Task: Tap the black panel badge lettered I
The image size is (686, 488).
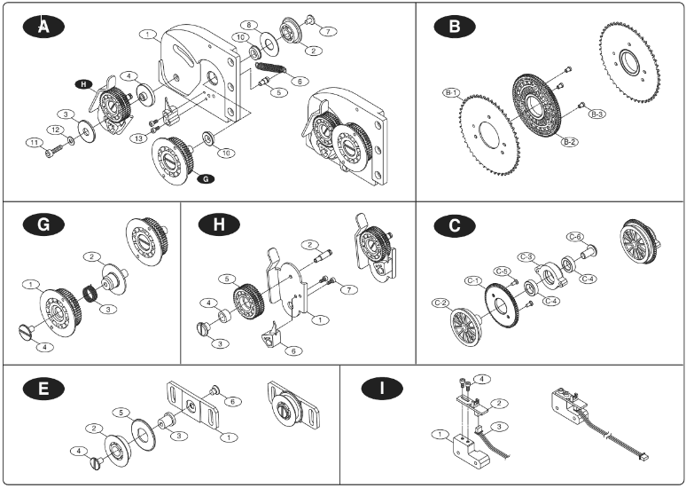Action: point(382,388)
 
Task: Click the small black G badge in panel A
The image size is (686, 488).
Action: point(206,178)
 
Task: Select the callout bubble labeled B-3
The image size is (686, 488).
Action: point(597,114)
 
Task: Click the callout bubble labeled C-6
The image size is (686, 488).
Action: point(575,237)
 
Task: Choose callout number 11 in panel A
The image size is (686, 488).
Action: point(33,142)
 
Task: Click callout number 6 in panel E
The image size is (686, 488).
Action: point(233,402)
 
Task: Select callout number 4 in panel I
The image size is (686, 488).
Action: point(481,379)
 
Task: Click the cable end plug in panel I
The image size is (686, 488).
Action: point(641,459)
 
